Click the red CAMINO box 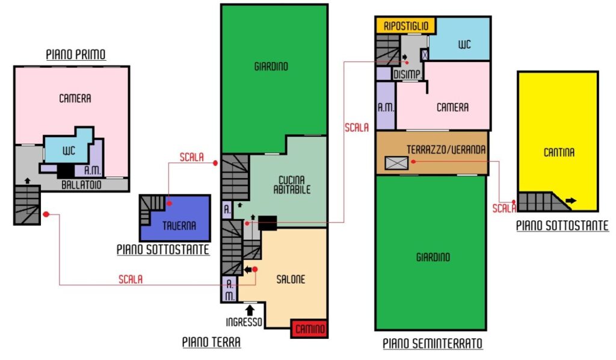coord(309,329)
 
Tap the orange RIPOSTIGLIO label coord(406,26)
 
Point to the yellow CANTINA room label coord(559,152)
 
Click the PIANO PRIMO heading coord(76,54)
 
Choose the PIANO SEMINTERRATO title coord(433,344)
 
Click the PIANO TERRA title coord(211,342)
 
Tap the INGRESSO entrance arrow coord(250,310)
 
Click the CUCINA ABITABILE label coord(292,185)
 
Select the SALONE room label coord(291,279)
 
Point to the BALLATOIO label coord(81,185)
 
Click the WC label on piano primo coord(69,151)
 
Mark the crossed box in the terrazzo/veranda coord(396,163)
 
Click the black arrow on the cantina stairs coord(571,201)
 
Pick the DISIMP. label coord(407,74)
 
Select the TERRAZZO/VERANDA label coord(446,149)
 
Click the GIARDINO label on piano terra coord(271,66)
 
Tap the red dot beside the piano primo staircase coord(46,214)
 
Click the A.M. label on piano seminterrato coord(386,107)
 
